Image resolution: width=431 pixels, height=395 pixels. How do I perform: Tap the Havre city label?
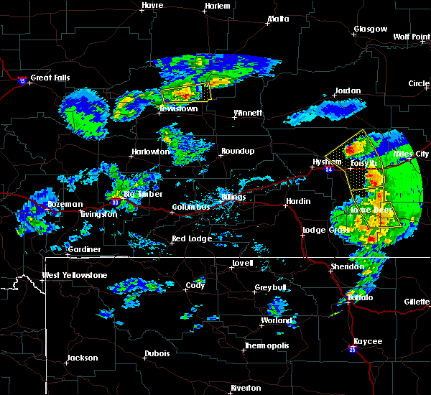[x=152, y=5]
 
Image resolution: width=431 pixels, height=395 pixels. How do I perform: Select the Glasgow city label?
[x=370, y=29]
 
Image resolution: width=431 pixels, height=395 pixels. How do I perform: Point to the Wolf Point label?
[x=411, y=37]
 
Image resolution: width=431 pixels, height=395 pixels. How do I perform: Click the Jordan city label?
[x=346, y=91]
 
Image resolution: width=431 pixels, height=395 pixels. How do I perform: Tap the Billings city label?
[x=233, y=197]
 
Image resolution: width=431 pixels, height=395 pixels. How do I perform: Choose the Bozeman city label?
[x=65, y=205]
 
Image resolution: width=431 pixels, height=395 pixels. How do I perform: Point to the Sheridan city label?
[x=347, y=266]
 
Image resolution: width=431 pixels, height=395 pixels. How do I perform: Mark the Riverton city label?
[x=245, y=388]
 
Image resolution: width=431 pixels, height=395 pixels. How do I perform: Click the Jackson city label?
[x=81, y=358]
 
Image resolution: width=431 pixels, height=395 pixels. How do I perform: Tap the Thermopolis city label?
[x=266, y=346]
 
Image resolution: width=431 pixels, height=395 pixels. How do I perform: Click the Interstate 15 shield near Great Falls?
[x=22, y=80]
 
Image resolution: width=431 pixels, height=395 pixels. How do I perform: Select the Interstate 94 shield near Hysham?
[x=328, y=169]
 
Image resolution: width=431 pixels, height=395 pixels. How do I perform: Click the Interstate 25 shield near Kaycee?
[x=353, y=349]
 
